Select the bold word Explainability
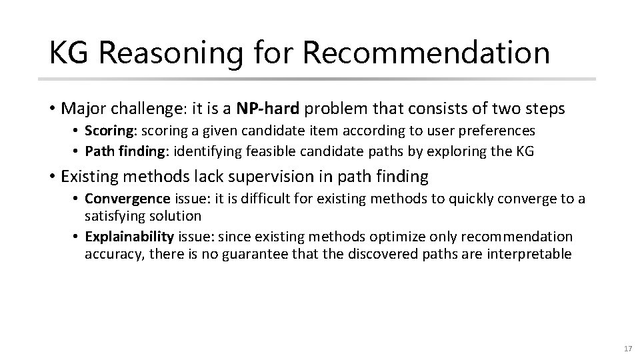pos(129,237)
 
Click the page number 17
pos(626,349)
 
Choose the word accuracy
pos(111,253)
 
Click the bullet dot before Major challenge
pos(52,108)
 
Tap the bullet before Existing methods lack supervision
pos(52,177)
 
